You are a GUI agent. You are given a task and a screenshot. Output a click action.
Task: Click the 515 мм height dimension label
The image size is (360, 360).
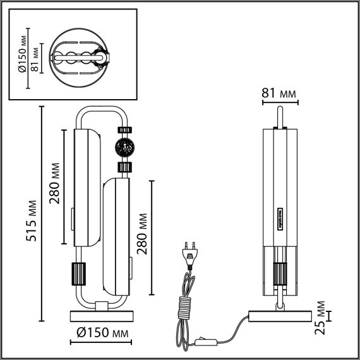(31, 221)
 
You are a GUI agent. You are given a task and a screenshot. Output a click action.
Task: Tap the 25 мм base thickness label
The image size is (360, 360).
(320, 318)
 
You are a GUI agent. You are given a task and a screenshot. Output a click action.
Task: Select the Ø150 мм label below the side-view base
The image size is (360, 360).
(102, 332)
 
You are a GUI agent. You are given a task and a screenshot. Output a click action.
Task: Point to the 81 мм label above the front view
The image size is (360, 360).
(279, 93)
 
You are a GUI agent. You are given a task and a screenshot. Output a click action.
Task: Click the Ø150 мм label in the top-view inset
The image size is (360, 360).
(23, 54)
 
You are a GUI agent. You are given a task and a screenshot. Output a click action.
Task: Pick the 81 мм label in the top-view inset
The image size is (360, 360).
(35, 59)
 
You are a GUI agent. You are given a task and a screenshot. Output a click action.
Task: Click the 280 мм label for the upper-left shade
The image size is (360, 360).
(55, 183)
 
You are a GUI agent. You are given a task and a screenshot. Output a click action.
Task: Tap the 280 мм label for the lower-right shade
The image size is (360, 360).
(142, 234)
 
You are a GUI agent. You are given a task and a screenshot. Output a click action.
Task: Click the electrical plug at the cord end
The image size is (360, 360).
(190, 255)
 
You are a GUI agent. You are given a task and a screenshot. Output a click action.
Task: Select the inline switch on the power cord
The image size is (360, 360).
(205, 342)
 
